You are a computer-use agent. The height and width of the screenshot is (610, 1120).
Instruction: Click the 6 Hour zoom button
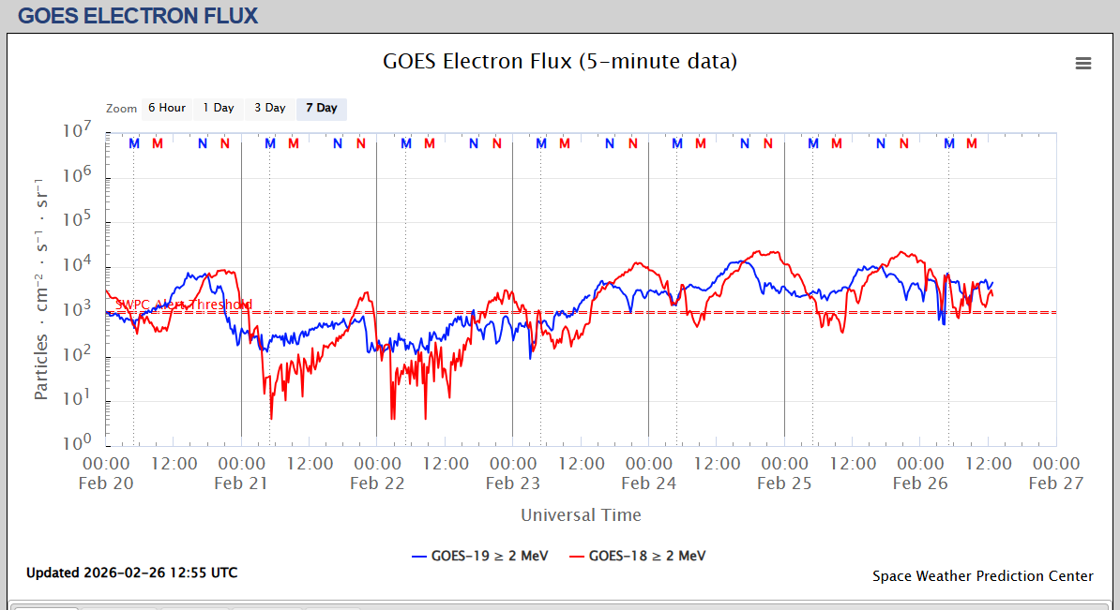tap(166, 108)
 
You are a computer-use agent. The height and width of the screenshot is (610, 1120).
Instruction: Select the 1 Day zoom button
tap(219, 108)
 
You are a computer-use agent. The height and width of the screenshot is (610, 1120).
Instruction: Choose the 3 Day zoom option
tap(270, 108)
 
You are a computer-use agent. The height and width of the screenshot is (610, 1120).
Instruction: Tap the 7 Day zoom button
tap(322, 108)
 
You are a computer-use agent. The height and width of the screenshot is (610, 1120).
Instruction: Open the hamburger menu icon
tap(1083, 63)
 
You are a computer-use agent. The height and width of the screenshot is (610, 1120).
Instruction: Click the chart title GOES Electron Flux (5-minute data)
tap(560, 62)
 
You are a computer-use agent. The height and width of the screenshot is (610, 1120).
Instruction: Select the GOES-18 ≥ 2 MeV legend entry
tap(637, 556)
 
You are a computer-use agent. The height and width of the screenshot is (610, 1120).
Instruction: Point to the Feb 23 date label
tap(512, 484)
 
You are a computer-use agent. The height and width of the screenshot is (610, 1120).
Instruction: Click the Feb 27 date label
tap(1056, 484)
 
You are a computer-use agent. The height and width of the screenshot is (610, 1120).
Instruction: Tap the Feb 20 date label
tap(106, 484)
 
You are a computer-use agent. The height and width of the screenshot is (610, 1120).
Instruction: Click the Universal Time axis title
tap(581, 514)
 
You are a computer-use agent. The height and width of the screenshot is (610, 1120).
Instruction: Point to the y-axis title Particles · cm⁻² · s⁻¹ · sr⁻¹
tap(41, 287)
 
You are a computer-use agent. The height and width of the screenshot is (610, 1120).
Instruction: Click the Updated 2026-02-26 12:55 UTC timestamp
tap(131, 573)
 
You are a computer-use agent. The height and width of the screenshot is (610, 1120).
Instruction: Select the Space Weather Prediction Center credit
tap(982, 576)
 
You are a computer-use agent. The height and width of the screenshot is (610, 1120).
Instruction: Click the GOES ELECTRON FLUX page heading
tap(138, 16)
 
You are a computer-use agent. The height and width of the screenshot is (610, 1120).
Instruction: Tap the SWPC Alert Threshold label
tap(183, 305)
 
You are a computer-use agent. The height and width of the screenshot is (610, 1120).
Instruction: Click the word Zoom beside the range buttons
tap(122, 109)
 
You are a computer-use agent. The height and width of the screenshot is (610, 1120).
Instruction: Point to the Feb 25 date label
tap(784, 484)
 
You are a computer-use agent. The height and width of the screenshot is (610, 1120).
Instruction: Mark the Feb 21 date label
tap(241, 484)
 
